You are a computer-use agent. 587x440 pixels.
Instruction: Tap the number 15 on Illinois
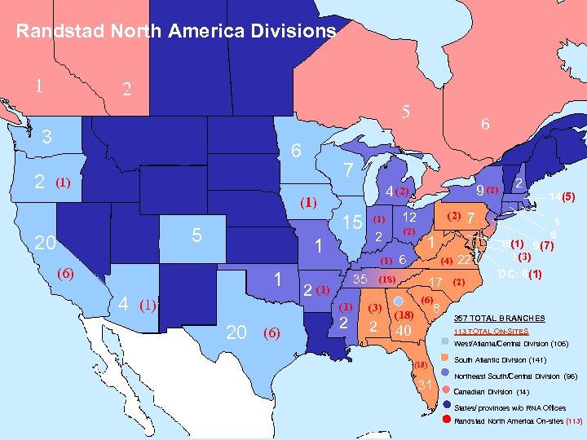pos(352,222)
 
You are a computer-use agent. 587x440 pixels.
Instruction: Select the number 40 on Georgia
pos(401,331)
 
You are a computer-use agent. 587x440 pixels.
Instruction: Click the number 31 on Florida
pos(424,385)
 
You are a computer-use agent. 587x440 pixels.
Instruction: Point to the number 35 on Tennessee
pos(359,279)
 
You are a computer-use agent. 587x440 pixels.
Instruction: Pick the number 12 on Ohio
pos(410,218)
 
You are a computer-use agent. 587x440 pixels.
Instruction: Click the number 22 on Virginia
pos(465,260)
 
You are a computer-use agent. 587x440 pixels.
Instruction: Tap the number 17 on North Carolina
pos(436,282)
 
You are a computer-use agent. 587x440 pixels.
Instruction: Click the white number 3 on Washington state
pos(47,137)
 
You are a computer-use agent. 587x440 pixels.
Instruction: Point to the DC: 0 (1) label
pos(520,275)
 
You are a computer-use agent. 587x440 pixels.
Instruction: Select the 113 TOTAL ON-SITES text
pos(491,332)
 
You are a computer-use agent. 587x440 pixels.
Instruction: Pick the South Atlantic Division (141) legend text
pos(501,359)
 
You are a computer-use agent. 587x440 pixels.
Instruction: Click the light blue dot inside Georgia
pos(397,301)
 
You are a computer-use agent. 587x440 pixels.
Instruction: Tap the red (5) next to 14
pos(569,196)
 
